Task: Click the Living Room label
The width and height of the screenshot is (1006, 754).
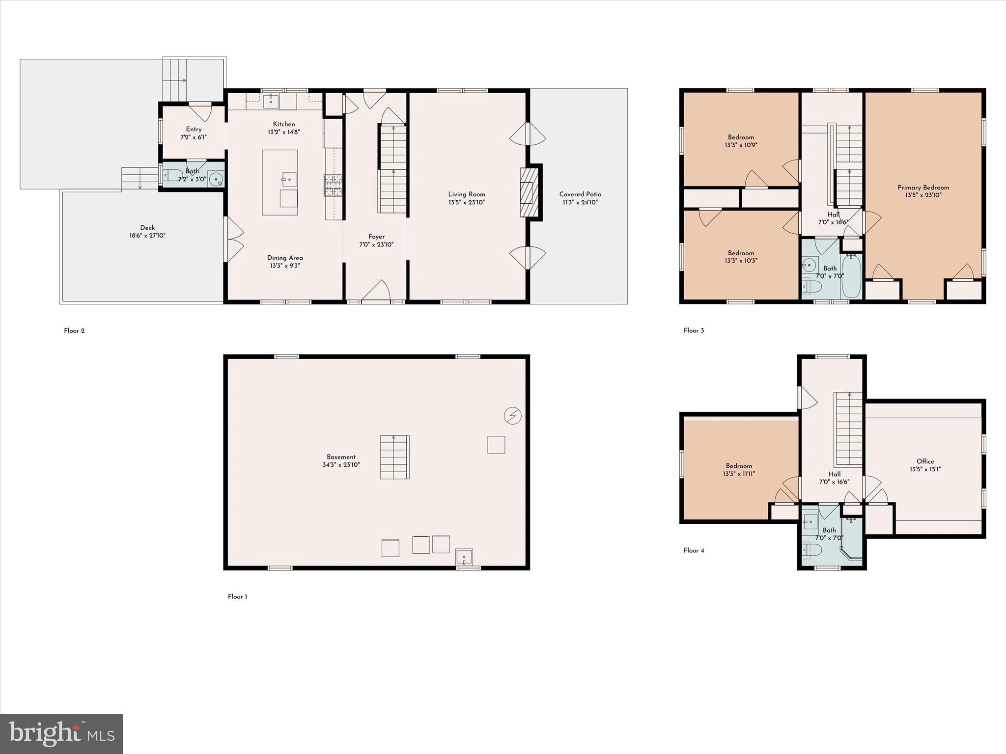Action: (466, 194)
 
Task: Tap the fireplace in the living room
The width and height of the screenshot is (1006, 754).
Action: (529, 192)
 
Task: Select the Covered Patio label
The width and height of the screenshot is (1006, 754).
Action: (580, 194)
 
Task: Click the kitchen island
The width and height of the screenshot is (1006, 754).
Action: (279, 182)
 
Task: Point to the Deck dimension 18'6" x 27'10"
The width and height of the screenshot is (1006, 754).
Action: (147, 236)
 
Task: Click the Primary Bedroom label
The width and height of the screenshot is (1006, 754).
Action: (923, 188)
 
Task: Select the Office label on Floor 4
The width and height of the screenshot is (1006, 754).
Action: (925, 461)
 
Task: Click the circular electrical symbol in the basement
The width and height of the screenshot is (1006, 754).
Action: (512, 416)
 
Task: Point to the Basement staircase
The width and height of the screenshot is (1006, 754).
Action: (394, 457)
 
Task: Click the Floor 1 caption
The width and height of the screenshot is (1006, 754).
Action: (237, 597)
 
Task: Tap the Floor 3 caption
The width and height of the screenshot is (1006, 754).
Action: (694, 331)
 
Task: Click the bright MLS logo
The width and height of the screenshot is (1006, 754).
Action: (61, 734)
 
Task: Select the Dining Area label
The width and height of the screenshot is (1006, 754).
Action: (285, 258)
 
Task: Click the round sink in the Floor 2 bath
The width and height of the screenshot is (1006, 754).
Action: (216, 180)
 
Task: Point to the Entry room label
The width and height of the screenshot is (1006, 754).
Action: (194, 130)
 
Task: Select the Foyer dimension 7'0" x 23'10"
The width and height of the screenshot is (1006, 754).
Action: (376, 244)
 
